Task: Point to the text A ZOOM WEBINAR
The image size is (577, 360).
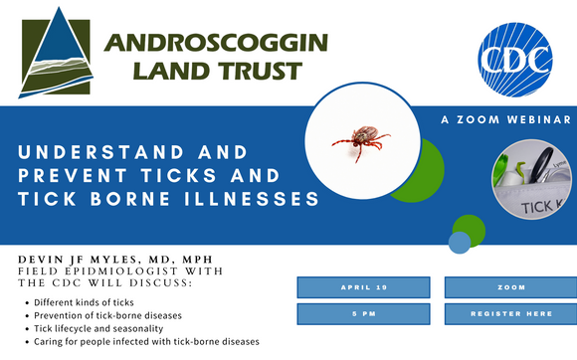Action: [x=505, y=119]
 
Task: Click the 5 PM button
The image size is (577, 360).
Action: [x=356, y=314]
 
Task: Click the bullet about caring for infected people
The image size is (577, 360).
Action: [x=146, y=341]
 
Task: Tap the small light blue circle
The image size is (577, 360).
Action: [x=459, y=242]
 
